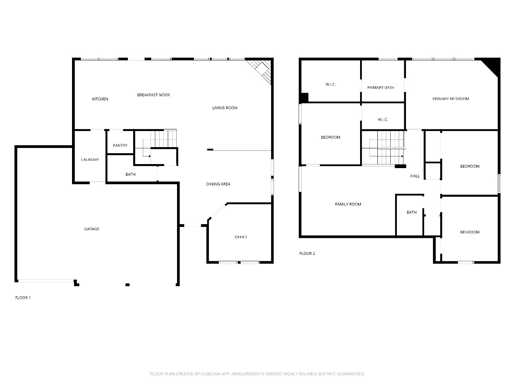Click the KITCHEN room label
[100, 99]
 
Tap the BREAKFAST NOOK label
[153, 95]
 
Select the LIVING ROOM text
[225, 108]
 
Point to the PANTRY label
[120, 146]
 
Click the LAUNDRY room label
[90, 160]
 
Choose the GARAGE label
[91, 229]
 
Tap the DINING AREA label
[218, 184]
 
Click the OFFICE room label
[241, 237]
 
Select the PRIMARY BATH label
[381, 87]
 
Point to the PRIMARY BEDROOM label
[451, 99]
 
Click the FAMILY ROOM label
[348, 204]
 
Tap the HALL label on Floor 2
[415, 176]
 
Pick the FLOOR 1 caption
[23, 298]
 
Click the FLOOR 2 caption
[307, 253]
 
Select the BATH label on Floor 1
[130, 174]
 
